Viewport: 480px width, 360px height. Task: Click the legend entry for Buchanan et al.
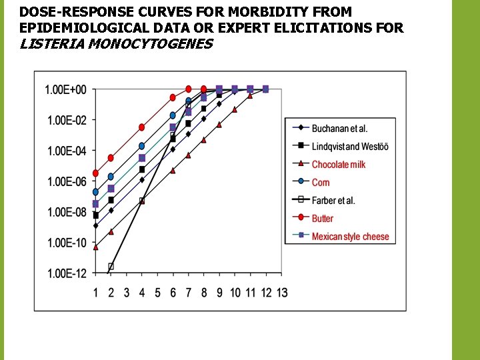click(x=339, y=129)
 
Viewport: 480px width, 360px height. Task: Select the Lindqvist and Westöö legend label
click(x=349, y=147)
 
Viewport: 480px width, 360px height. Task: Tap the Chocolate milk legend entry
click(x=339, y=165)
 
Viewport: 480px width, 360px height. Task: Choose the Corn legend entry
click(x=321, y=183)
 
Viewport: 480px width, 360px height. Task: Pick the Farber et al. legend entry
click(x=333, y=201)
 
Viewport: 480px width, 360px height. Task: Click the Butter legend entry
click(x=323, y=219)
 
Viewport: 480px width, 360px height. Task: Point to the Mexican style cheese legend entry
click(x=350, y=237)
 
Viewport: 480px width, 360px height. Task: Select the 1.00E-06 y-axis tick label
click(x=66, y=182)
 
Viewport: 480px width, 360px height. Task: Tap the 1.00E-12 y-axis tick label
click(x=66, y=274)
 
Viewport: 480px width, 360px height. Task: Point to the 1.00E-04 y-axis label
click(x=66, y=151)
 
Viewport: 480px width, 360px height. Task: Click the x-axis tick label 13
click(x=281, y=293)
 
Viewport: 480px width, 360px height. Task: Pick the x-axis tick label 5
click(x=157, y=293)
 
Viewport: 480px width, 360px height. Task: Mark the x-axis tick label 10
click(x=235, y=293)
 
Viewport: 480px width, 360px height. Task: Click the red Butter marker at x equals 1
click(x=95, y=173)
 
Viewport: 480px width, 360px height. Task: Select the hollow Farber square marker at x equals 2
click(x=111, y=266)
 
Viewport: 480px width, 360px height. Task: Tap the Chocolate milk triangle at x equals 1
click(x=95, y=247)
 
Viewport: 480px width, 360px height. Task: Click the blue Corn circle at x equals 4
click(x=142, y=146)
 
